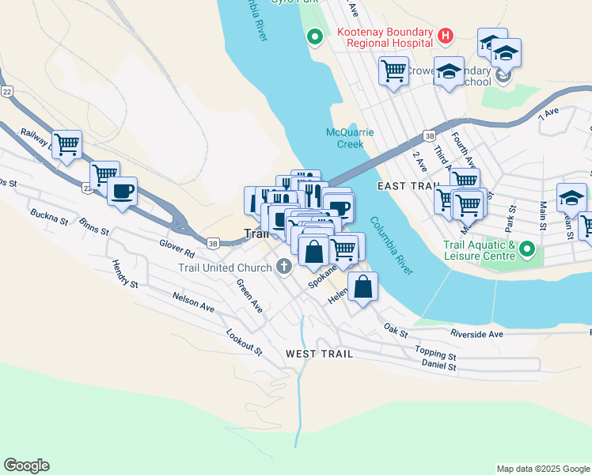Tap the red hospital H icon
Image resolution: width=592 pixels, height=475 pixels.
pyautogui.click(x=446, y=36)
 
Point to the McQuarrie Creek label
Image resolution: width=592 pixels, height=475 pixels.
pyautogui.click(x=350, y=138)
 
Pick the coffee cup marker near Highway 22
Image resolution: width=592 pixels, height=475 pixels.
pyautogui.click(x=122, y=192)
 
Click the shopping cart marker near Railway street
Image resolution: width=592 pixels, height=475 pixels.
pyautogui.click(x=67, y=145)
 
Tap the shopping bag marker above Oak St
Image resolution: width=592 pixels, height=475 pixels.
pyautogui.click(x=362, y=288)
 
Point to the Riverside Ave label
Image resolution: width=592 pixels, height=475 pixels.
pyautogui.click(x=477, y=334)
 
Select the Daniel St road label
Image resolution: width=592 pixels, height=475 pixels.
pyautogui.click(x=440, y=367)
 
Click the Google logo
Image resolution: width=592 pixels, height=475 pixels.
pyautogui.click(x=26, y=465)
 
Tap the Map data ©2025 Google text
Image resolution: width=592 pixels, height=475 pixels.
pyautogui.click(x=542, y=469)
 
